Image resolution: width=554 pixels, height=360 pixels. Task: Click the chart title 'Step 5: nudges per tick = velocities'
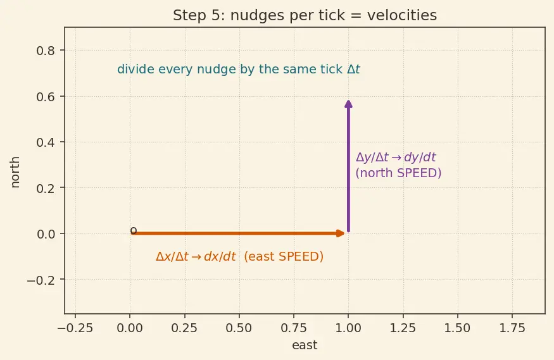305,16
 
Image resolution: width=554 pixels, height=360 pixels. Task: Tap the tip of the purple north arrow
348,101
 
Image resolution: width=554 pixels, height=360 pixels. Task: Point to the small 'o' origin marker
133,231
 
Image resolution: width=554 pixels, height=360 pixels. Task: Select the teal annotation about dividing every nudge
239,69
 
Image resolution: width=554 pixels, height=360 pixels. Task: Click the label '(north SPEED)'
398,173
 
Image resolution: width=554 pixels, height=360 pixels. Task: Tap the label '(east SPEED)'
284,256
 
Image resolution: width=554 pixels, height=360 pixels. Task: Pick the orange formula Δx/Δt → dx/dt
196,256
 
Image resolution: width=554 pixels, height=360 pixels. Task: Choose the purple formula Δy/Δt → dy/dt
396,158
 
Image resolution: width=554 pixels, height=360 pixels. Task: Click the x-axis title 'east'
305,345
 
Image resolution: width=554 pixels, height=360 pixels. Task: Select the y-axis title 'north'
15,172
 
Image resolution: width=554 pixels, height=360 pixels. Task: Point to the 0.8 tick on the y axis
46,51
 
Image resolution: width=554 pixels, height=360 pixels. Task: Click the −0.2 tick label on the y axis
41,280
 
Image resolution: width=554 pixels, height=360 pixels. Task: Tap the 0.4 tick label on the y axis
46,142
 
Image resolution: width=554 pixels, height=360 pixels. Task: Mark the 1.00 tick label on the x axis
348,328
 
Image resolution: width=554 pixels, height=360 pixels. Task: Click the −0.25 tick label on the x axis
75,328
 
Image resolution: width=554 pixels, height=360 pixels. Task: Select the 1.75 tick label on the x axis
512,328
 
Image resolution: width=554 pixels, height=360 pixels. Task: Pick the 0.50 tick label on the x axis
239,328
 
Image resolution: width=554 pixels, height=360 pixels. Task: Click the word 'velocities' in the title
402,16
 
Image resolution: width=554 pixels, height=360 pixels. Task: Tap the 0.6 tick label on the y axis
46,97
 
